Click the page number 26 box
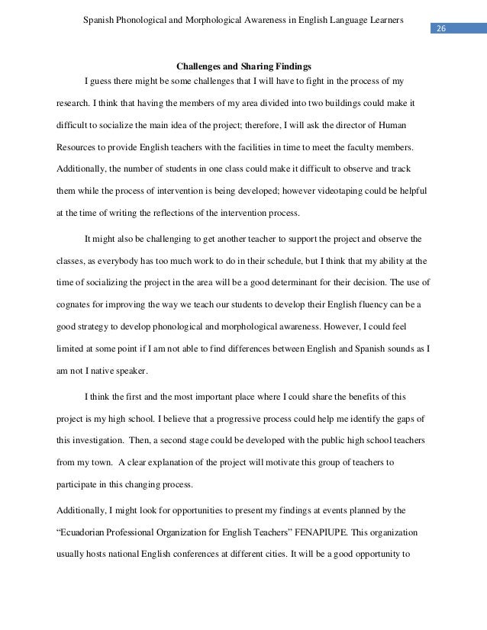[442, 29]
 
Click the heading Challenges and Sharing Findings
[243, 66]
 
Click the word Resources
[79, 145]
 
